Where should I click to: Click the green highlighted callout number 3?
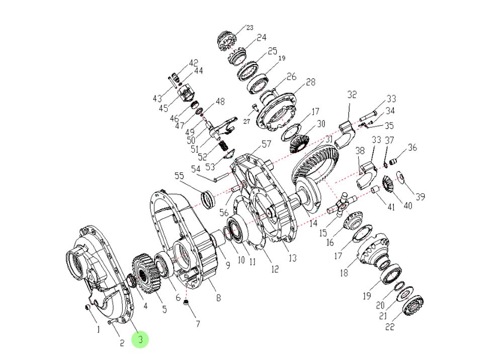point(140,340)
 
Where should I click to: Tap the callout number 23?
point(249,28)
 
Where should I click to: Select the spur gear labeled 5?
point(146,274)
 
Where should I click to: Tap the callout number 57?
point(266,145)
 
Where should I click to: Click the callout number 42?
point(194,63)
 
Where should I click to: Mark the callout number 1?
point(99,330)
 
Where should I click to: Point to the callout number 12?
point(275,269)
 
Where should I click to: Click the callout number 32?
point(352,95)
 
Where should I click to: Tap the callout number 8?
point(218,298)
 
